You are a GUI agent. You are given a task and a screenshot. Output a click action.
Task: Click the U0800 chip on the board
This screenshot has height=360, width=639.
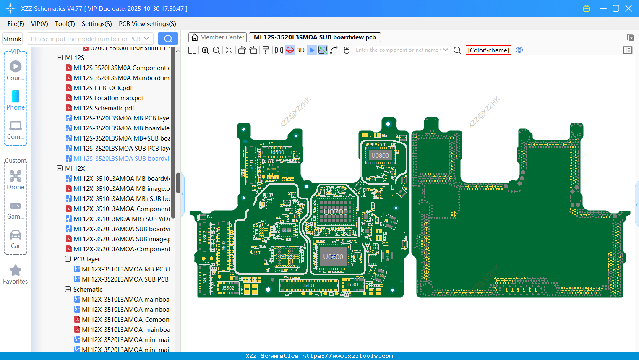pos(380,156)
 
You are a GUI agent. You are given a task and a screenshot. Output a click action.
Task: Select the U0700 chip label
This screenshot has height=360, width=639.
pos(336,212)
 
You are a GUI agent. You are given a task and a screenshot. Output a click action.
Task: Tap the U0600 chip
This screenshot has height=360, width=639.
pos(333,257)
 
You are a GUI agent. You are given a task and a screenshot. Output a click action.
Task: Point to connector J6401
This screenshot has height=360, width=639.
pos(309,285)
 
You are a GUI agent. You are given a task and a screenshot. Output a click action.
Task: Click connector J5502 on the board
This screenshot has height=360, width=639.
pos(228,288)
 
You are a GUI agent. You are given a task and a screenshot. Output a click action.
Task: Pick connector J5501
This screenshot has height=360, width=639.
pos(352,284)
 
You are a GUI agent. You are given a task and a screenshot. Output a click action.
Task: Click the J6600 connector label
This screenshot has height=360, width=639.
pos(277,152)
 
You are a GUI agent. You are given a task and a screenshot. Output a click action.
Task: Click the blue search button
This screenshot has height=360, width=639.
pos(168,39)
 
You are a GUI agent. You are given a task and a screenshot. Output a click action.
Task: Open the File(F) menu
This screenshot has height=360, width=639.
pos(16,24)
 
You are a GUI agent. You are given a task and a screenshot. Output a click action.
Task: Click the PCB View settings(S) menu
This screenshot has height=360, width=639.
pos(147,24)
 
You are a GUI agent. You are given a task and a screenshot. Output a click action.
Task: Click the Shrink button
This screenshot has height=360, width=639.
pos(12,39)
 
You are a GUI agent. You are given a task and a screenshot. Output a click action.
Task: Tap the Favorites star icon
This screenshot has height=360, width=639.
pos(16,271)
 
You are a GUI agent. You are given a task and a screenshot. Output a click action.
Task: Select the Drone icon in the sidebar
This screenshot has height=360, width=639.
pos(16,176)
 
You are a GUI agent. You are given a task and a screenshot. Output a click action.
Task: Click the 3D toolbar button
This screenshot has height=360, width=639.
pos(300,50)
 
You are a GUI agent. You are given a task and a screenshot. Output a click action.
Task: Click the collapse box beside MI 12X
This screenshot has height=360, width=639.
pos(60,168)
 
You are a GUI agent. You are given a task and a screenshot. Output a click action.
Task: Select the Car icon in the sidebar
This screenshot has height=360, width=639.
pos(16,235)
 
